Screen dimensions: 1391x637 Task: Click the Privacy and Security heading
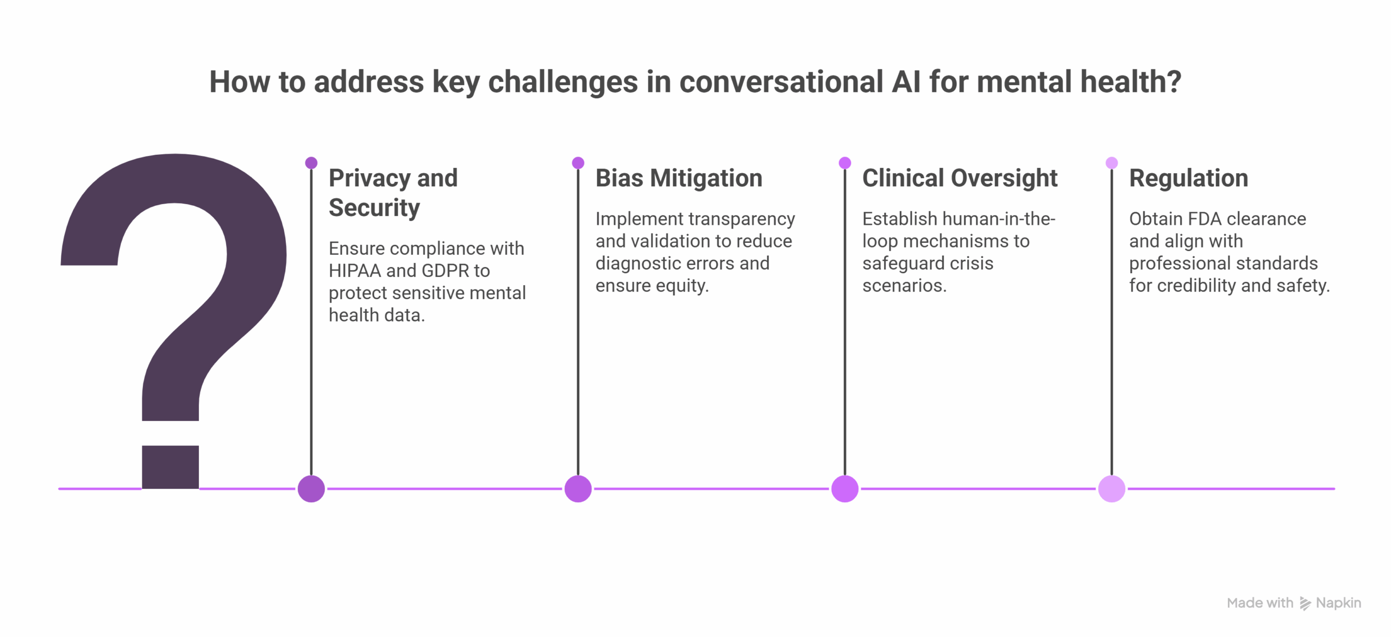(x=393, y=193)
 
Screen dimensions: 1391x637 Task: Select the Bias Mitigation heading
(x=679, y=178)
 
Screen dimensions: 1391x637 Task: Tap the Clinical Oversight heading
(x=960, y=178)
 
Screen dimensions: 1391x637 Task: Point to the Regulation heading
(x=1188, y=178)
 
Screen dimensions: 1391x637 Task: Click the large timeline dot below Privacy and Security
(x=311, y=489)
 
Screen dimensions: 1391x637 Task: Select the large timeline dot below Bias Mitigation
(x=578, y=489)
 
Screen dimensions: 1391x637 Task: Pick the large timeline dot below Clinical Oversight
(x=845, y=489)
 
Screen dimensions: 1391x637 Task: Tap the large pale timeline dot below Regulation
(x=1112, y=489)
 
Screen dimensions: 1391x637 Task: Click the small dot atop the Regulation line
(x=1112, y=163)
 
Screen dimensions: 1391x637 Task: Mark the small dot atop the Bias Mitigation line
(x=578, y=163)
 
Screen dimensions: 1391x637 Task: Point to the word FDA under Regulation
(x=1205, y=219)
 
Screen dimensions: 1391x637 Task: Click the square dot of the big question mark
(x=171, y=467)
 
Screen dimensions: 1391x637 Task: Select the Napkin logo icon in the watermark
(x=1305, y=603)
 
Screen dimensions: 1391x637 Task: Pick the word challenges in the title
(x=563, y=83)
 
